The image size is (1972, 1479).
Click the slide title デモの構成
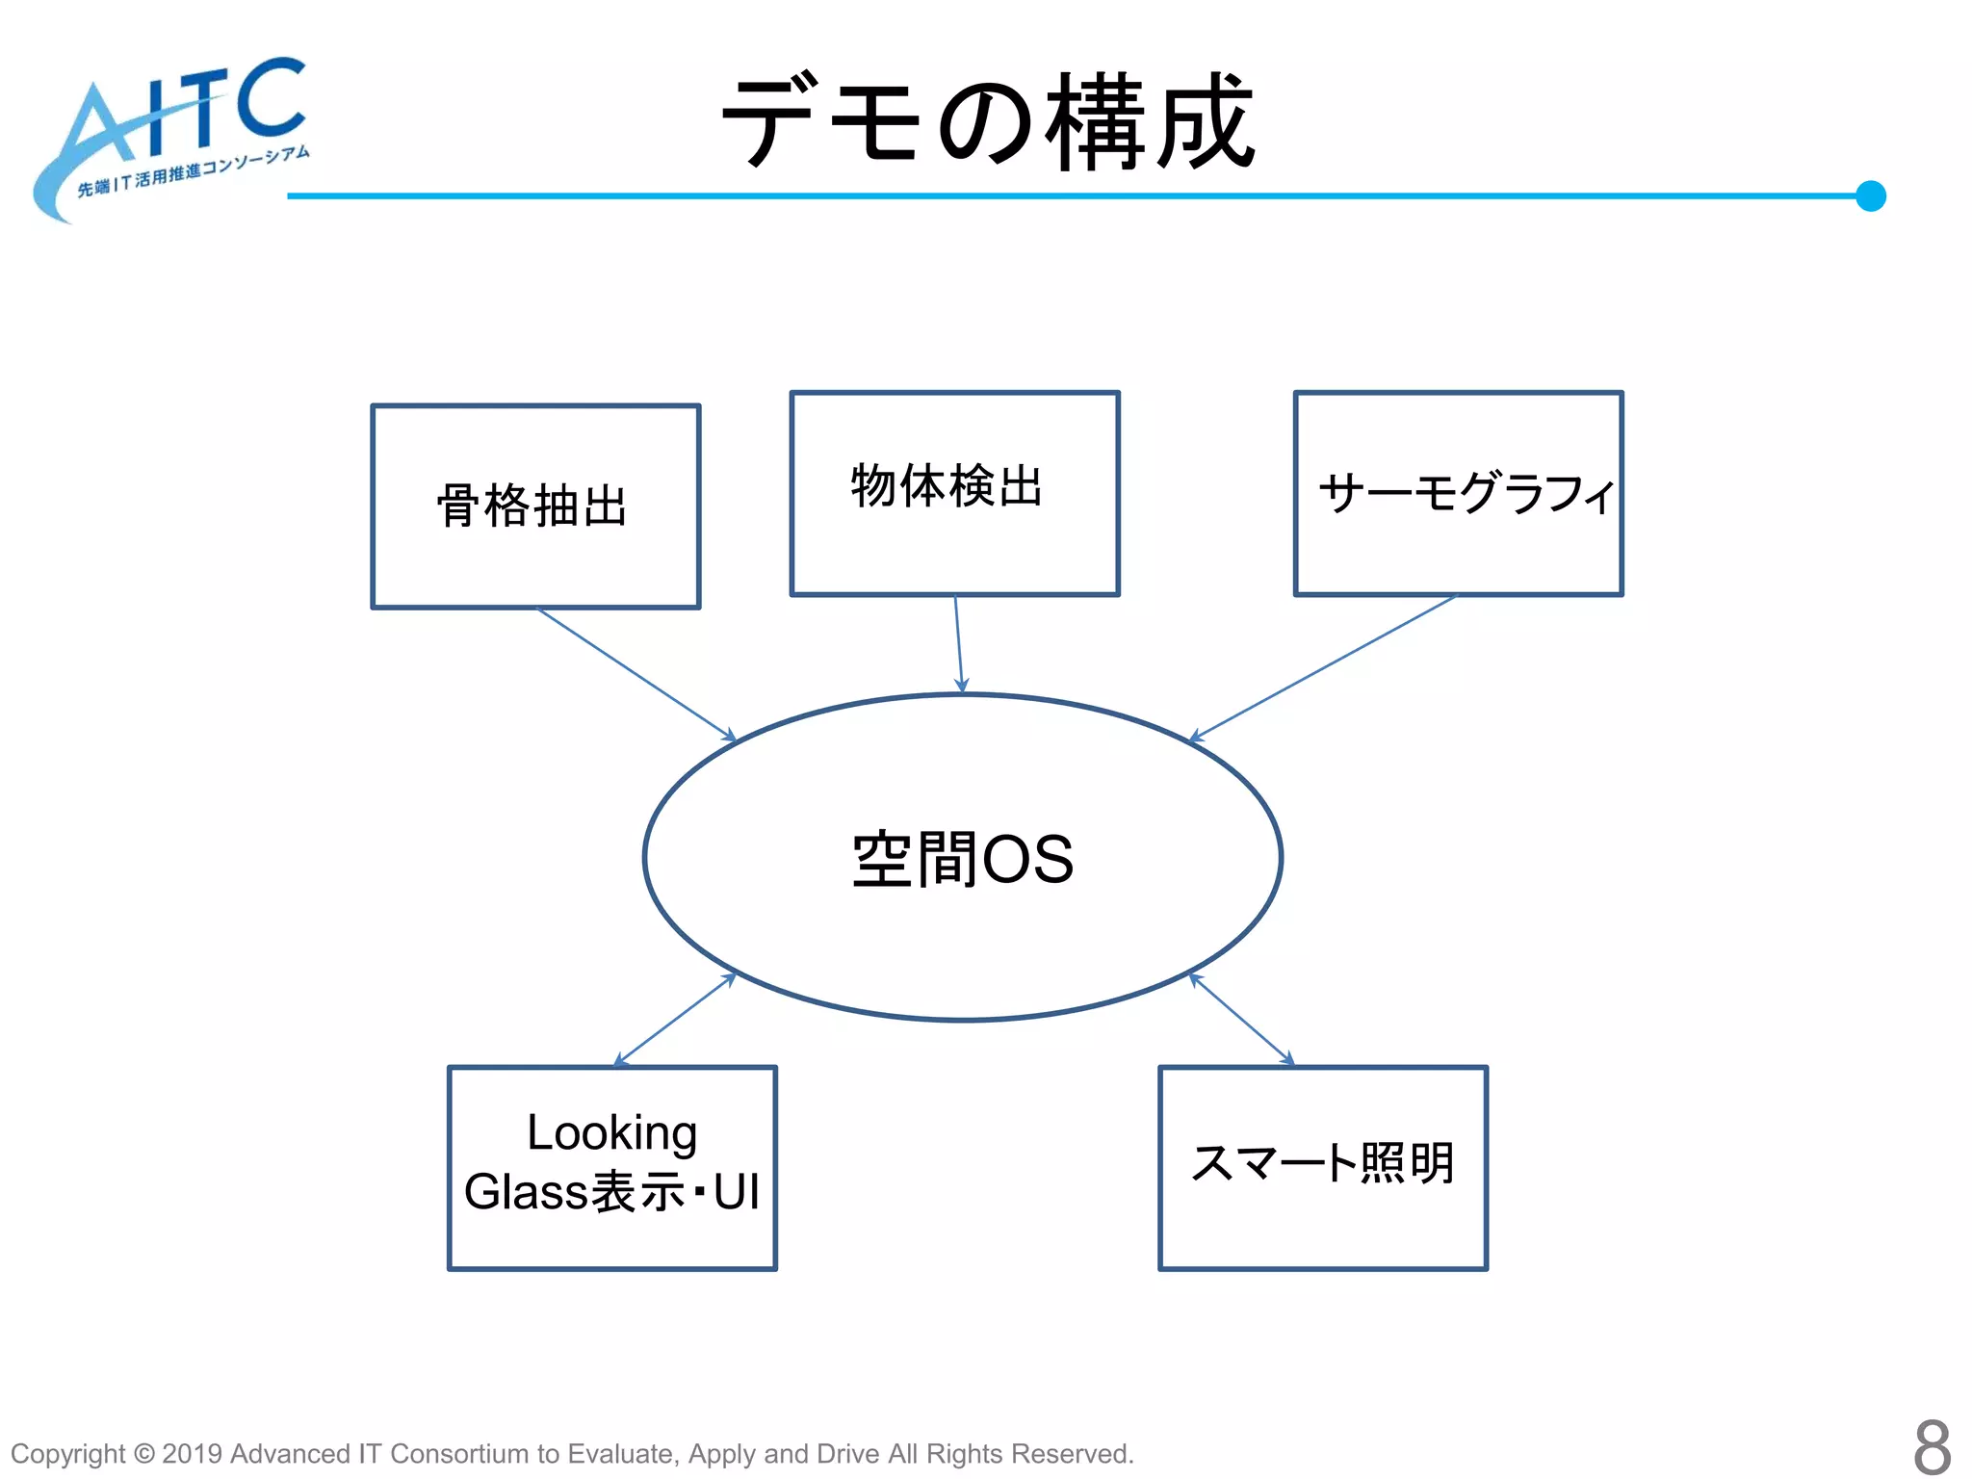coord(988,122)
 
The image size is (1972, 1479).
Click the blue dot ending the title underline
coord(1870,196)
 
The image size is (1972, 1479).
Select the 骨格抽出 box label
coord(532,506)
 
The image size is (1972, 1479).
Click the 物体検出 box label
coord(947,485)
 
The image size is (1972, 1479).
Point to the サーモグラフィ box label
coord(1466,493)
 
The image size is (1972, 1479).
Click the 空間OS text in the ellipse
coord(963,858)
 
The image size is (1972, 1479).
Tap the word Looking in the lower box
coord(611,1132)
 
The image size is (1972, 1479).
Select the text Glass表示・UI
coord(611,1192)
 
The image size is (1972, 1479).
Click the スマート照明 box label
coord(1323,1163)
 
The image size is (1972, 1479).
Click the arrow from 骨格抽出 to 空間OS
coord(636,674)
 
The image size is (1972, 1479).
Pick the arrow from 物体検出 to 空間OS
coord(958,643)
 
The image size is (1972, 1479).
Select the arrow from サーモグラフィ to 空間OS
coord(1324,667)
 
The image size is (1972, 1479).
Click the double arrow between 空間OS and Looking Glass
coord(675,1020)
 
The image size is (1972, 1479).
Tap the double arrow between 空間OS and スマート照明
coord(1241,1019)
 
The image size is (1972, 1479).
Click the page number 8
coord(1931,1446)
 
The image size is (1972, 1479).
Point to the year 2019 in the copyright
coord(193,1454)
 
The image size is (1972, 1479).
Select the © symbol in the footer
coord(143,1454)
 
